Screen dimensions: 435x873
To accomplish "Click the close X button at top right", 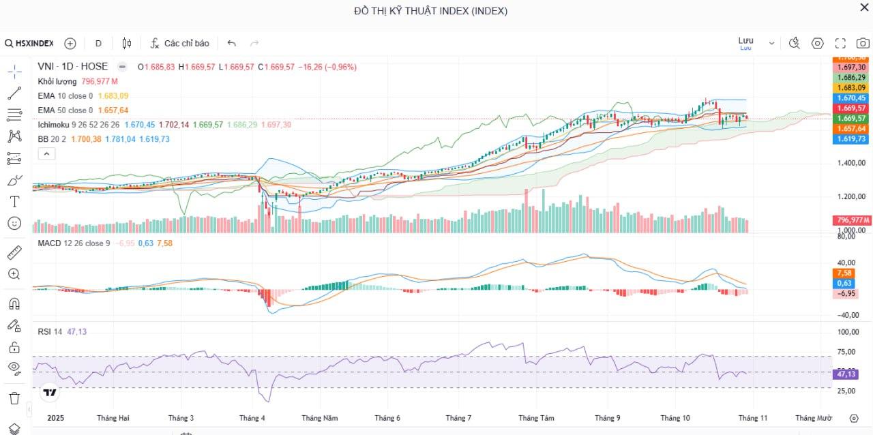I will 864,7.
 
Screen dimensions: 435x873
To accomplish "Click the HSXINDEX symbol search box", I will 29,43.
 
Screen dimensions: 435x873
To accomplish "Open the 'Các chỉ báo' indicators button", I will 180,43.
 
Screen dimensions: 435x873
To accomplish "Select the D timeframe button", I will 98,43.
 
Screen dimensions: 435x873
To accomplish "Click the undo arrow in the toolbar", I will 231,43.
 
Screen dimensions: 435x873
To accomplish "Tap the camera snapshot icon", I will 863,43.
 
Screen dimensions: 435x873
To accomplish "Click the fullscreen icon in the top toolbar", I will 840,43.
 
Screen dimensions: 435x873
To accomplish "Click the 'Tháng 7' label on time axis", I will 458,417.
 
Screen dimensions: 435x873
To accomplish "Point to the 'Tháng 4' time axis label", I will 252,417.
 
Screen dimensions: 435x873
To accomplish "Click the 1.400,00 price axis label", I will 852,163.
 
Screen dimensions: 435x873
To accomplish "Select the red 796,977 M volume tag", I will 852,220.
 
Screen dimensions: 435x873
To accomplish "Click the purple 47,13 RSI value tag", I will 846,374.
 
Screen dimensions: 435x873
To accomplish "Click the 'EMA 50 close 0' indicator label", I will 65,110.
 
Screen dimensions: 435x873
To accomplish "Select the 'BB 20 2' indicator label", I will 53,139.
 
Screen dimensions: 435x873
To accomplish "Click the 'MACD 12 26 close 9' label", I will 74,243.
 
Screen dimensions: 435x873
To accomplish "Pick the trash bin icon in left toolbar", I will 14,397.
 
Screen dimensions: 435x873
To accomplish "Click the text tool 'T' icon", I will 14,201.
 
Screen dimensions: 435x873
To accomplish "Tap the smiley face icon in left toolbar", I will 14,223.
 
